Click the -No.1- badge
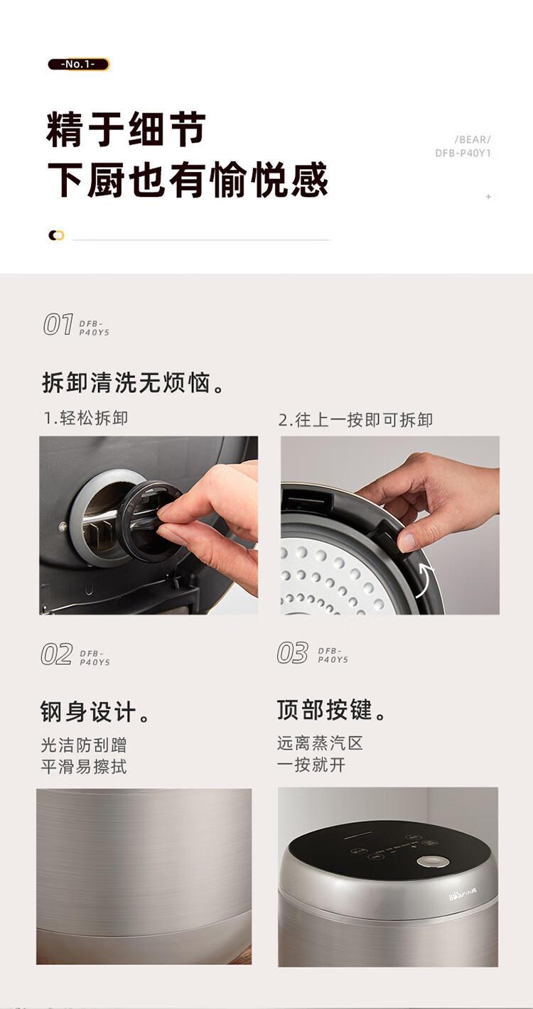click(x=78, y=65)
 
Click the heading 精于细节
click(x=126, y=129)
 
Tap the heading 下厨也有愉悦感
click(x=188, y=180)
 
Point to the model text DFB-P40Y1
click(x=463, y=153)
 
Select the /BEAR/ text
click(x=473, y=140)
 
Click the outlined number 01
click(x=58, y=324)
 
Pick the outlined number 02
click(x=56, y=654)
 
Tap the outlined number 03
click(x=292, y=653)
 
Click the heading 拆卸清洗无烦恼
click(x=134, y=383)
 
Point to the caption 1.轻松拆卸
click(x=85, y=418)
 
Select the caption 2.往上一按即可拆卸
click(x=355, y=420)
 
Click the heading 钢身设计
click(x=95, y=712)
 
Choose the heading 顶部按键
click(x=332, y=710)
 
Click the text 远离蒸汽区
click(x=320, y=743)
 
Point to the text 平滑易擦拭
click(x=84, y=767)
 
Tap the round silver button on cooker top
click(x=433, y=862)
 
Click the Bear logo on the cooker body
click(x=463, y=893)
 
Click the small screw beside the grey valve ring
click(x=63, y=526)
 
